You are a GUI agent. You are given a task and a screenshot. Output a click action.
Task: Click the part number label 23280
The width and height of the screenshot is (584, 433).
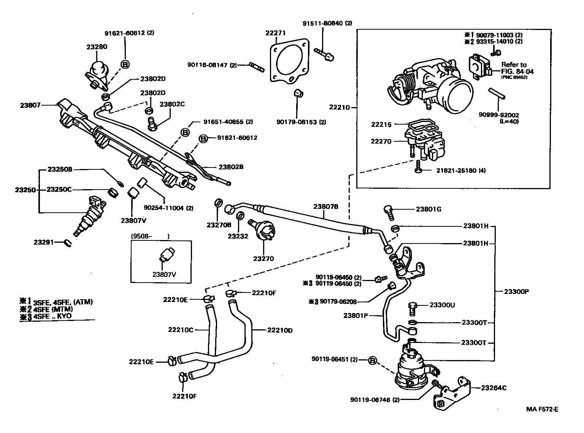97,47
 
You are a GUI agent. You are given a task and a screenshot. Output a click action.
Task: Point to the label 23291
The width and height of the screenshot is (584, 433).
44,242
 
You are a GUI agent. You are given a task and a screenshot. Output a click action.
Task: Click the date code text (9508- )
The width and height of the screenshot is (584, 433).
150,236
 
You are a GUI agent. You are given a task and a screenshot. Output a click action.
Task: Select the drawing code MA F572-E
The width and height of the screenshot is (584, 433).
542,409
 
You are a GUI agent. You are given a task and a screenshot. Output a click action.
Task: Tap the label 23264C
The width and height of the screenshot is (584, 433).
494,388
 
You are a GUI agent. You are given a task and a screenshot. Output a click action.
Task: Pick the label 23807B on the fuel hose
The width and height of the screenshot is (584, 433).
326,207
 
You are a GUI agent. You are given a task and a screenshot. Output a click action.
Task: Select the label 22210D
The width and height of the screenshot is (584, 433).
279,330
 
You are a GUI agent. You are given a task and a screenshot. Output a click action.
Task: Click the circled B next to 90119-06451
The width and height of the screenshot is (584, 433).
373,360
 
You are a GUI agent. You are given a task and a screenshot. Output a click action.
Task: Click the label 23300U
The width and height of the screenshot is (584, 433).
443,305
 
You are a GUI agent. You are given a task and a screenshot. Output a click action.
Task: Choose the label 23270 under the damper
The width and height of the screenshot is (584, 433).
263,259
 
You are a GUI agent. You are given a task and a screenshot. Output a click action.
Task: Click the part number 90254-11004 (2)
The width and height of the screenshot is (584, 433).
168,208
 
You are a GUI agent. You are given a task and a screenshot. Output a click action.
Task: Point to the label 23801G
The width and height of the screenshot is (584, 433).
428,209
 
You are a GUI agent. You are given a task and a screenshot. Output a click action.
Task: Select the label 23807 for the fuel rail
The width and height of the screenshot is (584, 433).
31,105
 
